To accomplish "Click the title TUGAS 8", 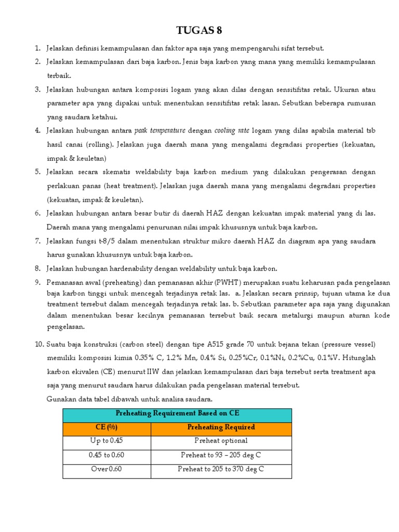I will point(199,31).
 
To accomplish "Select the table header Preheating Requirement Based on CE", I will point(177,414).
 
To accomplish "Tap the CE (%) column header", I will point(107,427).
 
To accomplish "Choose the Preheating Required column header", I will point(221,427).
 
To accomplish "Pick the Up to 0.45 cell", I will point(107,441).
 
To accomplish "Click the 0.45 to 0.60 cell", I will point(107,455).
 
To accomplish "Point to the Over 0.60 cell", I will point(107,469).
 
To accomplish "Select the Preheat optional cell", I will point(221,441).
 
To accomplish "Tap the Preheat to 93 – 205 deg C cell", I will point(221,455).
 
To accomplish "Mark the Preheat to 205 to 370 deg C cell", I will point(221,469).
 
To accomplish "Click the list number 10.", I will point(39,344).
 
